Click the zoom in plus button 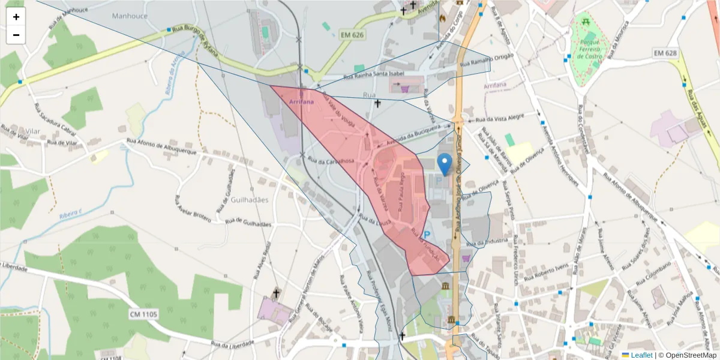(x=16, y=17)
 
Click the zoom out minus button (x=16, y=35)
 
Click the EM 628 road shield (x=665, y=54)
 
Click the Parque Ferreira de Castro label (x=589, y=50)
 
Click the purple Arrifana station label (x=301, y=103)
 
